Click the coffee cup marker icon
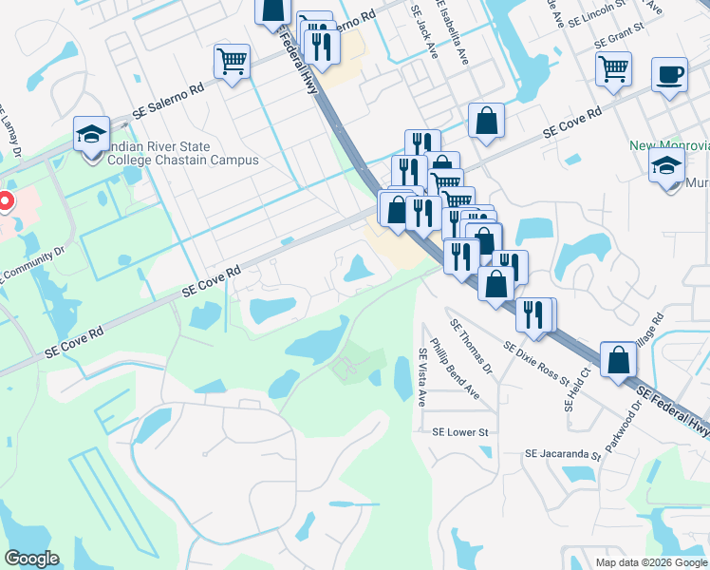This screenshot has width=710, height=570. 669,74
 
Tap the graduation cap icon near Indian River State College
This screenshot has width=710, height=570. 92,134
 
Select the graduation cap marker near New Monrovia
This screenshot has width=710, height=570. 666,164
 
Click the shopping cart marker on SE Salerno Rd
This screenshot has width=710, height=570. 232,62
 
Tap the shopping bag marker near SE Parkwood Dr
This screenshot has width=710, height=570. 618,360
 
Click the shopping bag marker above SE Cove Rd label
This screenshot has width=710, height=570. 486,121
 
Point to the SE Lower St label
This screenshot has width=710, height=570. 459,432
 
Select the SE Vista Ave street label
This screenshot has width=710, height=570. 423,377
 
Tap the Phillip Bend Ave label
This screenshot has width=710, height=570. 454,368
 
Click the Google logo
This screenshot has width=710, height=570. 31,559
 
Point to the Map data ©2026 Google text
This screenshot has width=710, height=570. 651,562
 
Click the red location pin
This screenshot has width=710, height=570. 4,201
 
